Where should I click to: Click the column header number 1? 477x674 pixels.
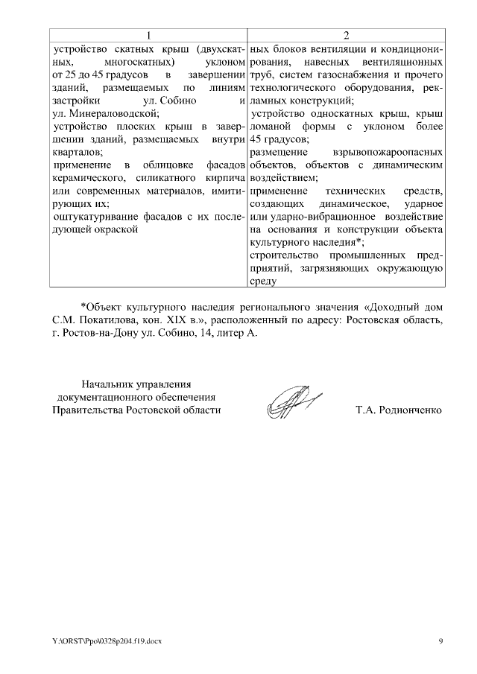(149, 36)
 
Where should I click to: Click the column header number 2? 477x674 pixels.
(347, 36)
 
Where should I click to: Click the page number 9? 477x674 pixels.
(440, 640)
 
